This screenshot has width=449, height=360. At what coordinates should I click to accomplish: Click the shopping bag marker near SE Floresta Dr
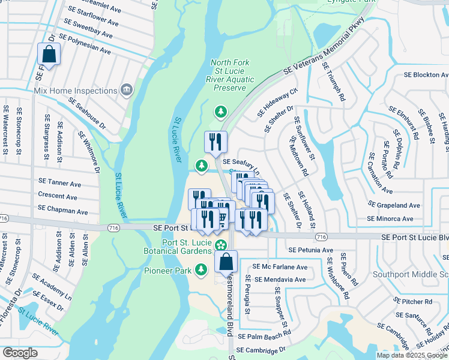(x=48, y=55)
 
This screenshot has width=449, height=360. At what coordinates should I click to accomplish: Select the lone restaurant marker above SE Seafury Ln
(x=215, y=142)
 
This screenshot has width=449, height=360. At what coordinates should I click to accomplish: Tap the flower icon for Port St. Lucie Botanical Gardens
(x=221, y=244)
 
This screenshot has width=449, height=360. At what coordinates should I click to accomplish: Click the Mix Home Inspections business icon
(x=126, y=91)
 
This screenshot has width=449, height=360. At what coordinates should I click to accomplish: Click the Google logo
(x=20, y=353)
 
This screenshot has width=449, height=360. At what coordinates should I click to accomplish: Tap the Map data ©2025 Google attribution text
(x=412, y=355)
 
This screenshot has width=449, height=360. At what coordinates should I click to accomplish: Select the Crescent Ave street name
(x=57, y=197)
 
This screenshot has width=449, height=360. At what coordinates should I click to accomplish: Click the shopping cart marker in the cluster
(x=221, y=217)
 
